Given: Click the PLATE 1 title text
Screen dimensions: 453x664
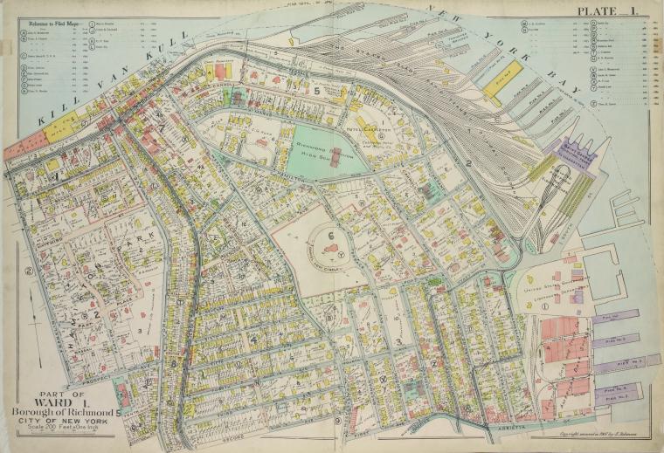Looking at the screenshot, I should [x=605, y=10].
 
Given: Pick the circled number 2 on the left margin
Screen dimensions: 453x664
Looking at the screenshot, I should [x=29, y=271].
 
